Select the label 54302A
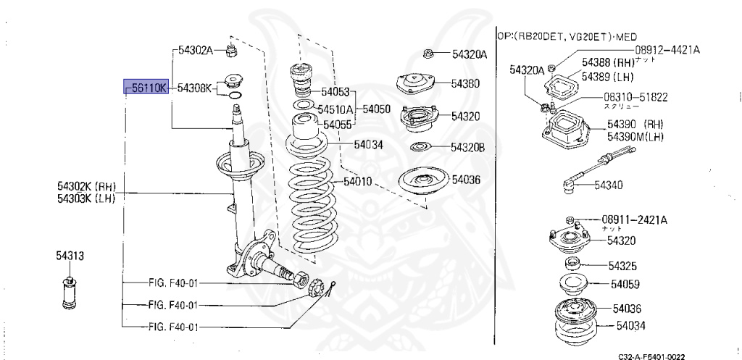[194, 50]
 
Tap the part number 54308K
[194, 88]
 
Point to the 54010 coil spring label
[357, 181]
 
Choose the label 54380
[465, 84]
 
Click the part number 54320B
[467, 148]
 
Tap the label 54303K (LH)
[86, 198]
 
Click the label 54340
[609, 185]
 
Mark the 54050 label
[376, 110]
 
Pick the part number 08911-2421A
[634, 219]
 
